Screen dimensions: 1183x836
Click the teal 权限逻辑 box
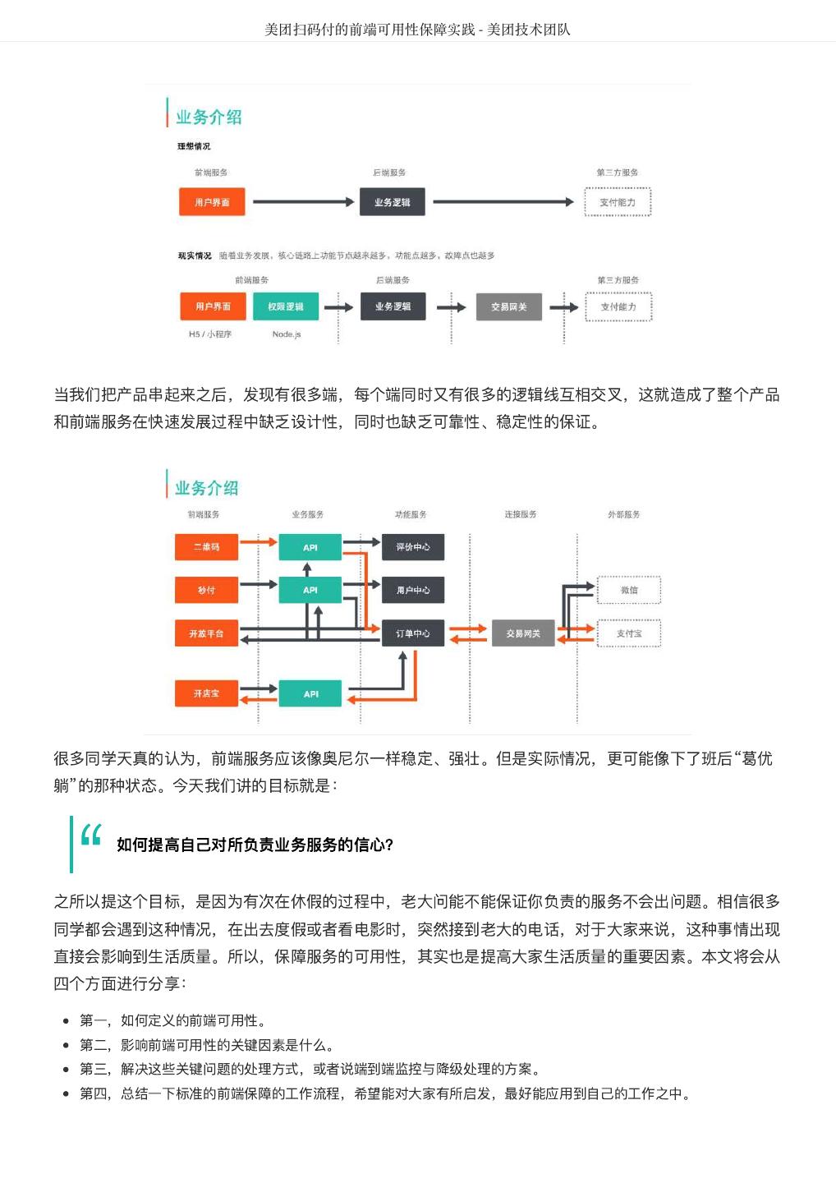click(x=285, y=306)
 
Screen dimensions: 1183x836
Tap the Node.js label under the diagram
click(x=287, y=334)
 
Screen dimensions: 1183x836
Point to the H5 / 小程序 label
click(x=210, y=334)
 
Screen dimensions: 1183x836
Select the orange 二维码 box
click(x=206, y=547)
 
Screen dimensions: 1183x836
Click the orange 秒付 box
click(x=206, y=590)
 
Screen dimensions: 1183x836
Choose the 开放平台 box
click(x=206, y=633)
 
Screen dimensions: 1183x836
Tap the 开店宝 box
click(x=206, y=693)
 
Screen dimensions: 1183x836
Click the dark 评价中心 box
click(x=413, y=547)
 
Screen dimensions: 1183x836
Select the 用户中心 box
click(x=413, y=590)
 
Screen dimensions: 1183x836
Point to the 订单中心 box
click(x=413, y=633)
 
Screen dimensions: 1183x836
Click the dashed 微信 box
click(x=629, y=590)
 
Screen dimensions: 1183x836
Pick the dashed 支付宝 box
click(x=629, y=633)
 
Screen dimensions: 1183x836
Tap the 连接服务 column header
click(x=521, y=514)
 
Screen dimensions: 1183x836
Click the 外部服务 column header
click(x=623, y=514)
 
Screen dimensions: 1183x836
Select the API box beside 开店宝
click(x=310, y=693)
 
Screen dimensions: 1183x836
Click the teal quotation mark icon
click(x=91, y=835)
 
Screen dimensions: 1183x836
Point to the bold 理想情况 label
click(x=194, y=146)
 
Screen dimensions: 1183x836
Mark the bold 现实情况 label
click(x=195, y=255)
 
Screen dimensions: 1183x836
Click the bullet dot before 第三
click(x=66, y=1070)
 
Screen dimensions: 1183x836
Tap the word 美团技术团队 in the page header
click(x=529, y=30)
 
